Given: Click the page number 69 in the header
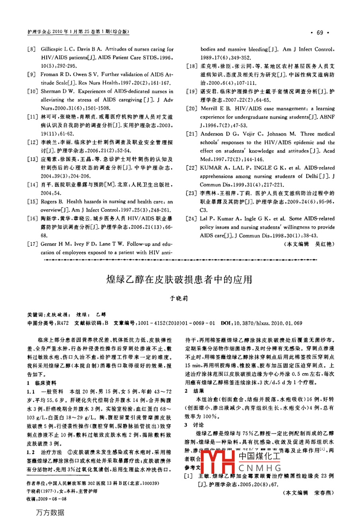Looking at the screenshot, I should [x=320, y=33].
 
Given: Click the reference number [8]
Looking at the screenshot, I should [x=31, y=49].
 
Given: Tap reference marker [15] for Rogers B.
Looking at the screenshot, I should [x=32, y=202].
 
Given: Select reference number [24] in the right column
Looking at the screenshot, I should [x=192, y=218].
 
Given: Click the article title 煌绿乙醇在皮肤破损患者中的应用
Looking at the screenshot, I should [x=180, y=279].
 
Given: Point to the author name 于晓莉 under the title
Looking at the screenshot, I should [x=179, y=298].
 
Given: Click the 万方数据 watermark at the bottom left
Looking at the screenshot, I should [x=50, y=512].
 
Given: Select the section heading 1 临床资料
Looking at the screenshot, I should [x=41, y=383].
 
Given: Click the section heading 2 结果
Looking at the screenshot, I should [x=195, y=391].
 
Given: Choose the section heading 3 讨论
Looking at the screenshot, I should [x=195, y=425].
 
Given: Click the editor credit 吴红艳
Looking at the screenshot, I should [x=325, y=244].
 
